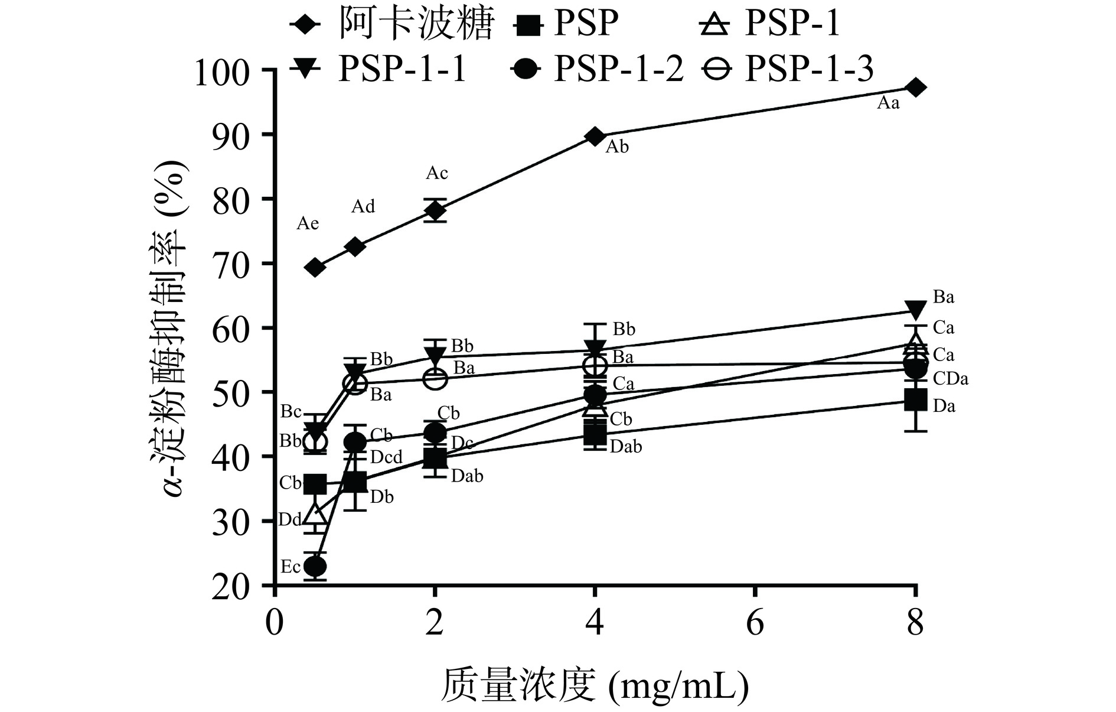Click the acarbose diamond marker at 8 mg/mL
(915, 87)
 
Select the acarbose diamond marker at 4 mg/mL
(595, 136)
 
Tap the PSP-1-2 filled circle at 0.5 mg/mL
(315, 567)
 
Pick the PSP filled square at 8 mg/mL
(915, 400)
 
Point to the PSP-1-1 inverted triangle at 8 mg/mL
(915, 310)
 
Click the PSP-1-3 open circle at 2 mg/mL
(435, 378)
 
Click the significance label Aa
(888, 103)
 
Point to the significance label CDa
(951, 379)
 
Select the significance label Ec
(291, 567)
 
